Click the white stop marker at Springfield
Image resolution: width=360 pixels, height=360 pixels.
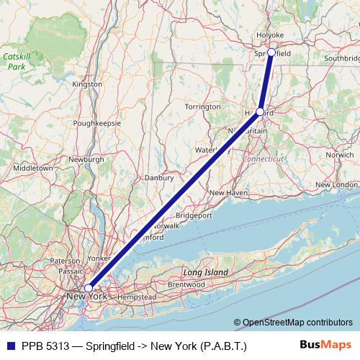(x=271, y=52)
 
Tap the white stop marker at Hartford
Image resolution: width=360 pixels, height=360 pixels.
(x=261, y=112)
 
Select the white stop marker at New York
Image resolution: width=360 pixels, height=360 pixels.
(x=88, y=288)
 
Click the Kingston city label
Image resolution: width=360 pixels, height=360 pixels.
(x=88, y=84)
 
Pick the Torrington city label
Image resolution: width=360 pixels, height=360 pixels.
(x=202, y=107)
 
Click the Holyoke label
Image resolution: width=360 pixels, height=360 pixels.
(x=271, y=35)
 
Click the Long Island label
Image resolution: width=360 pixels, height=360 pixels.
(x=205, y=272)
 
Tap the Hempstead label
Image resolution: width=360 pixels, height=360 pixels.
(x=137, y=297)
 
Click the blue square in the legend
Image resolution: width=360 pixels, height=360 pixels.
(x=9, y=346)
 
